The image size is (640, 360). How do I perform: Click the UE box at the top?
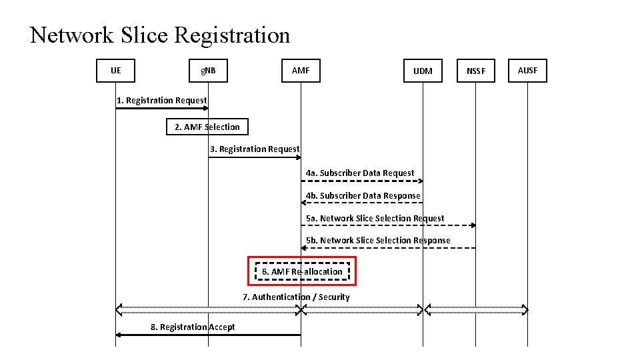pos(116,70)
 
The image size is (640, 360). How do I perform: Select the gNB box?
pos(208,70)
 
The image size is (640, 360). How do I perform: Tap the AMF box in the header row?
pos(301,70)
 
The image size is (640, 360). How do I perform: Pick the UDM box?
pos(423,71)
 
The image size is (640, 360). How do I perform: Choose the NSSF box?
pos(476,71)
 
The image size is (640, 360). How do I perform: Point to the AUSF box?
pos(527,70)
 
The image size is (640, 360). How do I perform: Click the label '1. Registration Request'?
pos(161,100)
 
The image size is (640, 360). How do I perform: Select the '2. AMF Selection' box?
pos(207,127)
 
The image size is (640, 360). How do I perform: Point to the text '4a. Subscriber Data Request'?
pos(360,173)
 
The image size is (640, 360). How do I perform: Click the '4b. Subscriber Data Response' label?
pos(363,195)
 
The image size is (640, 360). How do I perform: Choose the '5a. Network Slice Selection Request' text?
pos(375,218)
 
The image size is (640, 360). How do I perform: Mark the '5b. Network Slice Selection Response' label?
pos(378,240)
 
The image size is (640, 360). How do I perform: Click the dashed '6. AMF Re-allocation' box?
pos(302,271)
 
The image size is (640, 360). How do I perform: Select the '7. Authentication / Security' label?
pos(296,297)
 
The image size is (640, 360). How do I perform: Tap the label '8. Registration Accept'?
pos(192,327)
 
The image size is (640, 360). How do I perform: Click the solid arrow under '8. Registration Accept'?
pos(208,335)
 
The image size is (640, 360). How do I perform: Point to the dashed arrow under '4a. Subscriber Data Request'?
pos(362,181)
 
